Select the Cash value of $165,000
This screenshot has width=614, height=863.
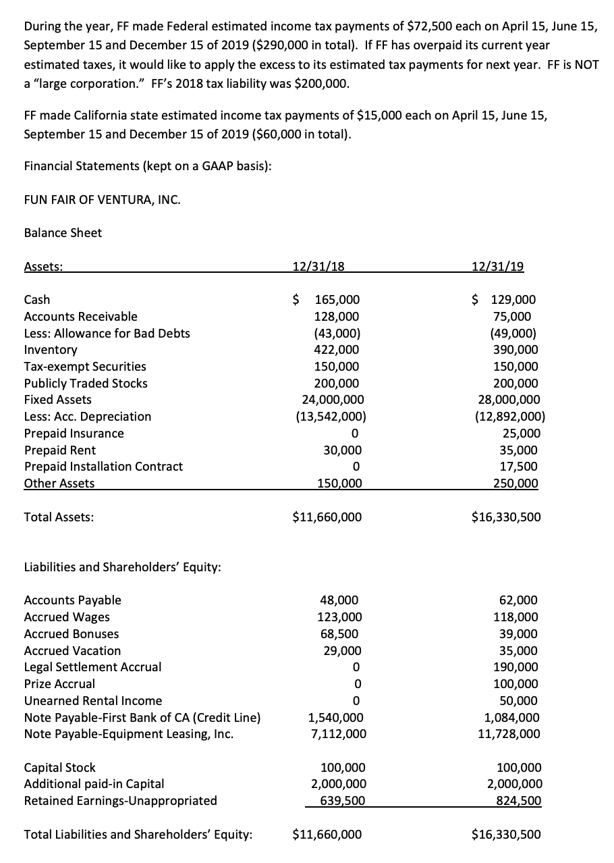[x=327, y=300]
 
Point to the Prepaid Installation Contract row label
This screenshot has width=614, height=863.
[x=103, y=467]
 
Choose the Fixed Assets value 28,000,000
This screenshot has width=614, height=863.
[x=507, y=400]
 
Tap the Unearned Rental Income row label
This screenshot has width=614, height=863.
[x=93, y=701]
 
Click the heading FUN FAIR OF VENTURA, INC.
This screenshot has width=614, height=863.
[x=102, y=200]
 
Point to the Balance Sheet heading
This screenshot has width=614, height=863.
[x=63, y=233]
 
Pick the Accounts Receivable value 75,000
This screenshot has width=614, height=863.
[x=518, y=317]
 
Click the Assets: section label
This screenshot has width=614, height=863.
[x=44, y=266]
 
